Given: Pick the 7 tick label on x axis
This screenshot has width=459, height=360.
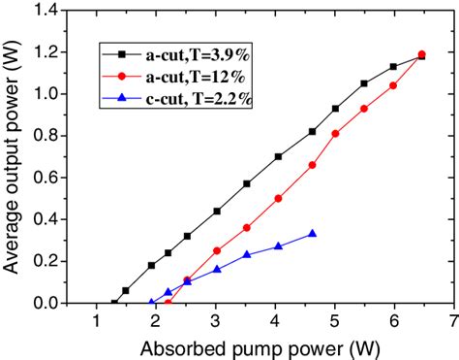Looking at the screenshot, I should pyautogui.click(x=453, y=321).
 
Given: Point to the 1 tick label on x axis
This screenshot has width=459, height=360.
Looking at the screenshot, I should pyautogui.click(x=96, y=321).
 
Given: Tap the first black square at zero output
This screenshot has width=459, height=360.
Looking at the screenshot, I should pyautogui.click(x=114, y=303).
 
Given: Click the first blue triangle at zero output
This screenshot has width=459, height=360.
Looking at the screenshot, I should pyautogui.click(x=151, y=303).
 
